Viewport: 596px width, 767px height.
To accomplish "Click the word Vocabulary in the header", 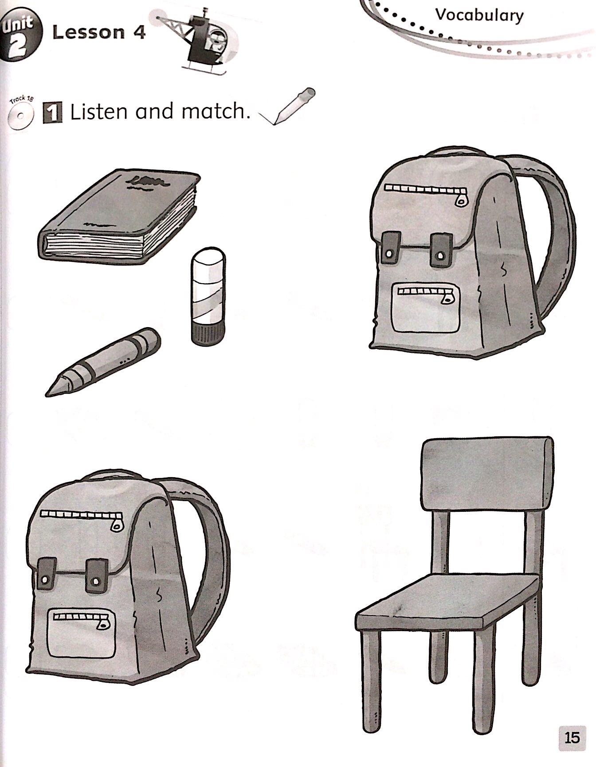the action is pyautogui.click(x=479, y=15).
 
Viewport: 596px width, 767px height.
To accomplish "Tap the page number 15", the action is pyautogui.click(x=572, y=737).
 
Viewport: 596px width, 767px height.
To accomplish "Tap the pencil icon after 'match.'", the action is pyautogui.click(x=288, y=107).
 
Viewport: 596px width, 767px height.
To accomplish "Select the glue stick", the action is pyautogui.click(x=208, y=296).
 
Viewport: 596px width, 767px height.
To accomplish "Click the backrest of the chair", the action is pyautogui.click(x=487, y=474).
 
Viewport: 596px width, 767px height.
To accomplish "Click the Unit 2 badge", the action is pyautogui.click(x=21, y=36).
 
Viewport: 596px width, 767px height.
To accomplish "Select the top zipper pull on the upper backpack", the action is pyautogui.click(x=461, y=198).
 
